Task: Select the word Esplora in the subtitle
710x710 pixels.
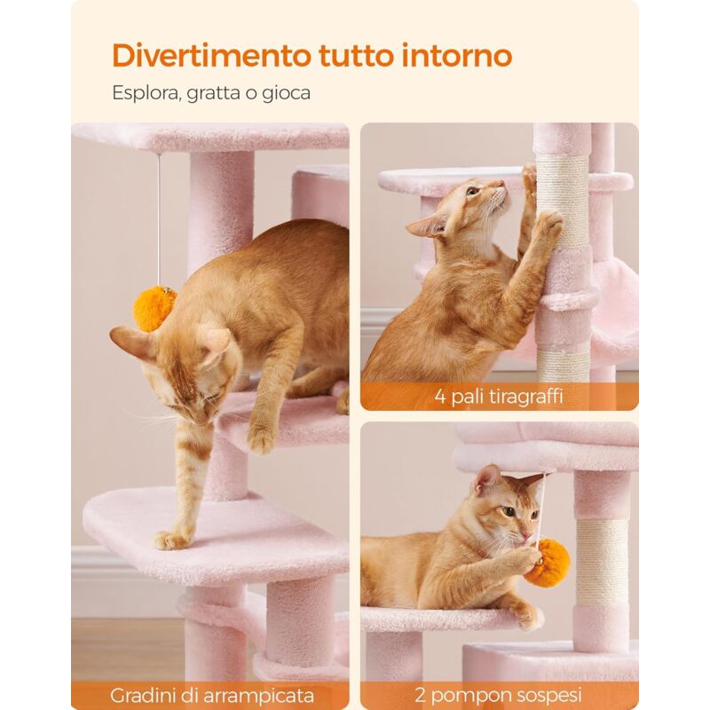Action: coord(146,92)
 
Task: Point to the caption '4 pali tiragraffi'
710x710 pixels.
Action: coord(499,396)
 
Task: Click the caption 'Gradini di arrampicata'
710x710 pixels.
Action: coord(213,695)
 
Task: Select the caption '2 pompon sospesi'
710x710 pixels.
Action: coord(500,695)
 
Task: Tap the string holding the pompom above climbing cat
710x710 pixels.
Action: coord(159,213)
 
